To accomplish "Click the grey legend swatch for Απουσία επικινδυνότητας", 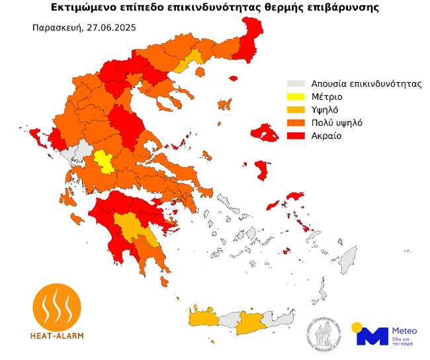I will (x=296, y=84).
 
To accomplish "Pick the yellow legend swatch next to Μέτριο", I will (x=296, y=97).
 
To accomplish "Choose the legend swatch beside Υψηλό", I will (x=296, y=110).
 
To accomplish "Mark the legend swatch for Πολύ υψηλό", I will (x=296, y=122).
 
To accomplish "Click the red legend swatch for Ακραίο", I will (x=296, y=136).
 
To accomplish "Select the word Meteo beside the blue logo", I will (x=405, y=330).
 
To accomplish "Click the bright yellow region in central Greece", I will (x=103, y=160).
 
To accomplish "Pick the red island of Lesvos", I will (x=268, y=134).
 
